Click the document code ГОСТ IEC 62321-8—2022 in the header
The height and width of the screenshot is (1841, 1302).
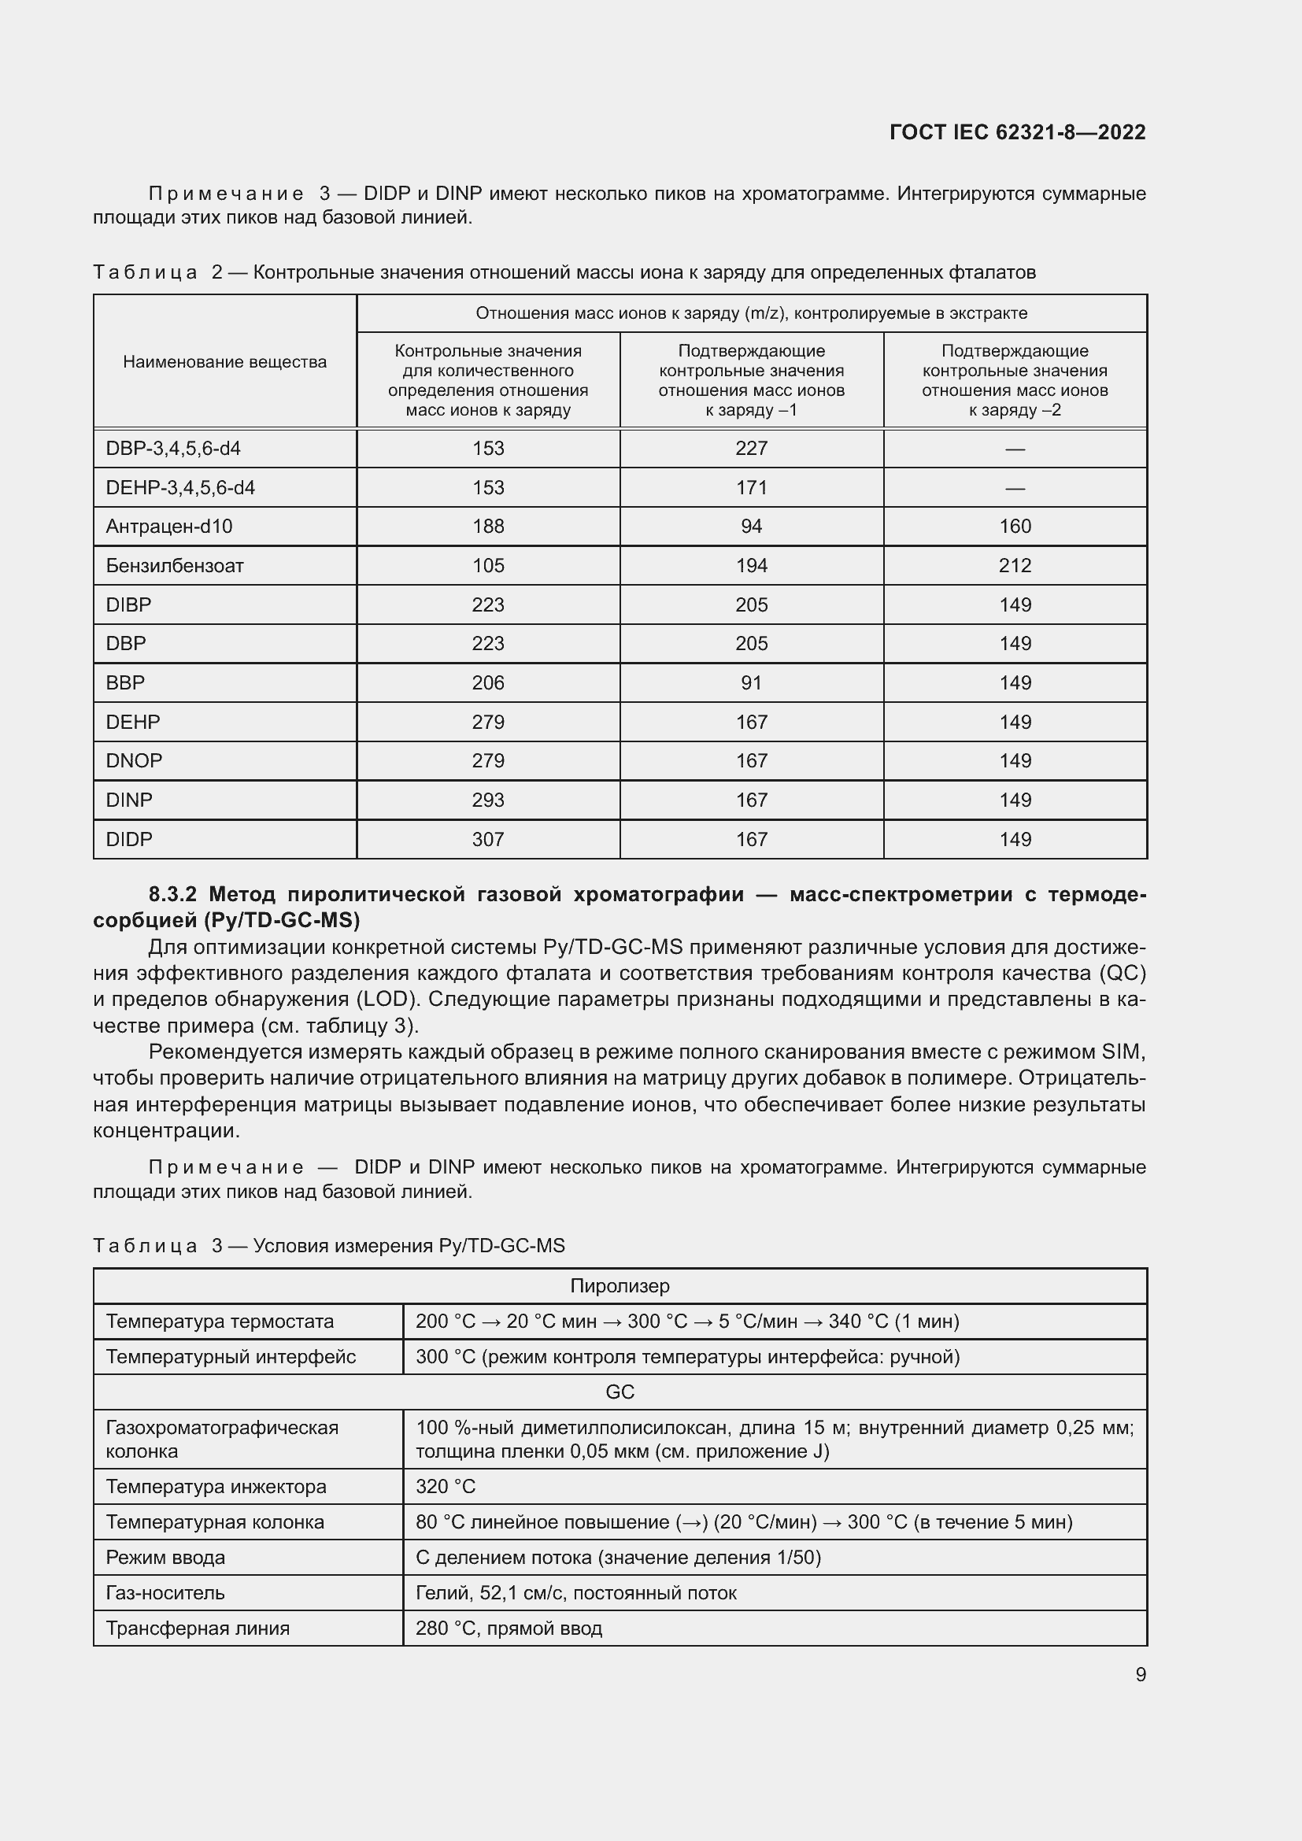pyautogui.click(x=1016, y=132)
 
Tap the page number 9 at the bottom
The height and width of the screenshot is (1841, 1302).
pyautogui.click(x=1140, y=1674)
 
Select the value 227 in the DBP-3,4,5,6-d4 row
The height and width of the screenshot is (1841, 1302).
pyautogui.click(x=751, y=448)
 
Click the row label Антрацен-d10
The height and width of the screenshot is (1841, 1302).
pyautogui.click(x=169, y=526)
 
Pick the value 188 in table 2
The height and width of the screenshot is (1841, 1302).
pyautogui.click(x=487, y=526)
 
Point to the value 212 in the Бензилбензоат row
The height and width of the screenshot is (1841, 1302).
pyautogui.click(x=1014, y=565)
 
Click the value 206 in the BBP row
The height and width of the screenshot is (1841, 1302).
pyautogui.click(x=487, y=682)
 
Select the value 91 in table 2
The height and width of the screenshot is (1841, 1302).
pyautogui.click(x=751, y=682)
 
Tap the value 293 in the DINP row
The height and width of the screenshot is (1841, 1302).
pyautogui.click(x=487, y=800)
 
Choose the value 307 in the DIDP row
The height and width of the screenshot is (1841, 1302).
pyautogui.click(x=487, y=839)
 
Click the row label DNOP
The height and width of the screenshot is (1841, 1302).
pyautogui.click(x=134, y=760)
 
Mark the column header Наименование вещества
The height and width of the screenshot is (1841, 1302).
pyautogui.click(x=224, y=361)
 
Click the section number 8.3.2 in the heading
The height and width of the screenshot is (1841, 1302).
pyautogui.click(x=172, y=894)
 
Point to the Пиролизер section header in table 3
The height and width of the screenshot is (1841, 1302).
pyautogui.click(x=620, y=1285)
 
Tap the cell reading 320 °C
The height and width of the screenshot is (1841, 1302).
pyautogui.click(x=446, y=1486)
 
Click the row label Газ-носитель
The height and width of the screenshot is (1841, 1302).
pyautogui.click(x=165, y=1592)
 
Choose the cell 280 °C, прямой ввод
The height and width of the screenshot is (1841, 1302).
pyautogui.click(x=509, y=1628)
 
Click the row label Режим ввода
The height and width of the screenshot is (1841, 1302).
pyautogui.click(x=165, y=1557)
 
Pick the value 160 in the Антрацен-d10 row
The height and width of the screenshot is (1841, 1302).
pyautogui.click(x=1014, y=526)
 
